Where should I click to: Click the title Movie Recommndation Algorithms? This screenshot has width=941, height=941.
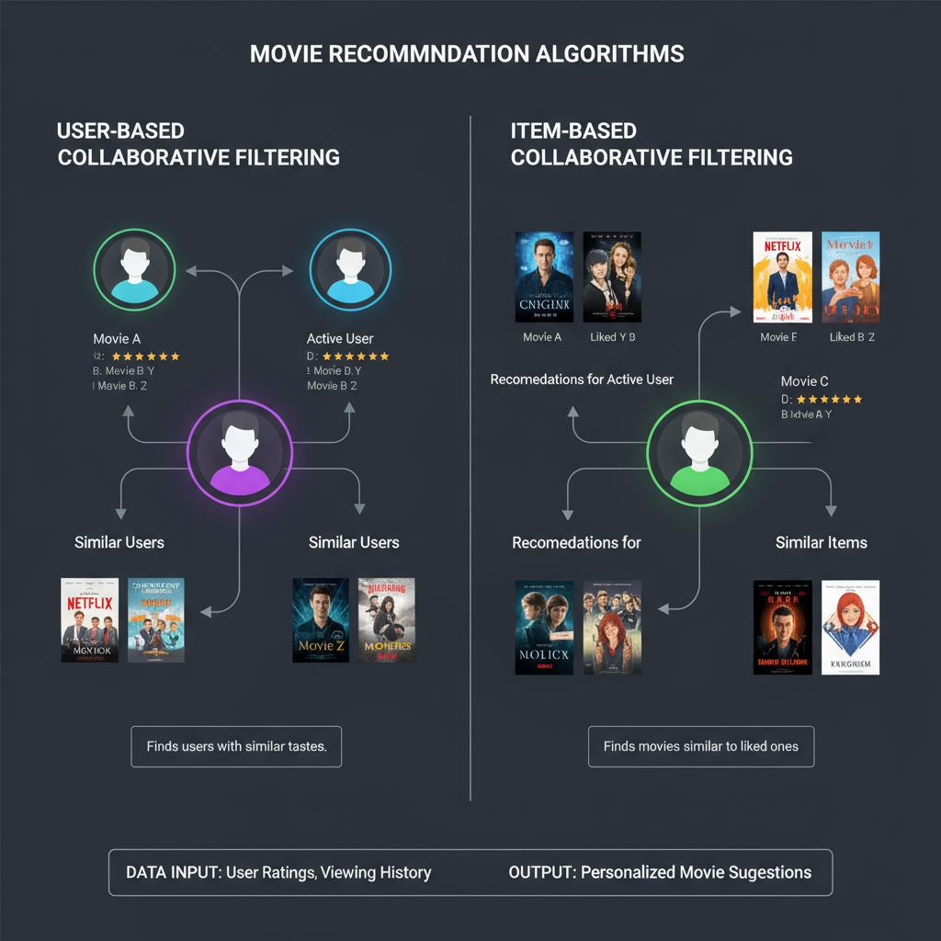click(x=467, y=53)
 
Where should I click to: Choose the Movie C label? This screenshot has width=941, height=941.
click(x=804, y=380)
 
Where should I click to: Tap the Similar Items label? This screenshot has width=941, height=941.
click(x=821, y=542)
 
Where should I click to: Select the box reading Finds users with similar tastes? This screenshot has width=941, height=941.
click(x=236, y=746)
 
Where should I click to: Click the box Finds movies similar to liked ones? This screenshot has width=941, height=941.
click(x=700, y=746)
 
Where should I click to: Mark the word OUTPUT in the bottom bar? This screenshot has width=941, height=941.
click(x=540, y=872)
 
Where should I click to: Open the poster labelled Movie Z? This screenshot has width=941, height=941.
click(x=321, y=620)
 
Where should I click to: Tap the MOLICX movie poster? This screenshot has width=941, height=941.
click(x=544, y=627)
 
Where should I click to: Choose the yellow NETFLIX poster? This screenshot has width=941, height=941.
click(x=782, y=277)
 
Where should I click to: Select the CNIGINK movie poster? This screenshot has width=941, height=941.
click(x=544, y=276)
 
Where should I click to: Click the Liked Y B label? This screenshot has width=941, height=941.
click(x=612, y=337)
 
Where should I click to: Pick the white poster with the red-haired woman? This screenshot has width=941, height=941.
click(x=850, y=627)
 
